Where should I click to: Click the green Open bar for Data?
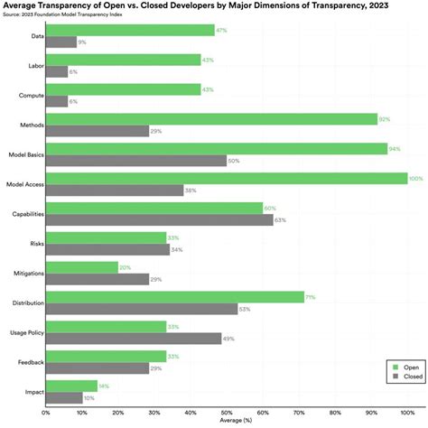point(130,30)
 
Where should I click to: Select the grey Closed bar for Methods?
point(98,130)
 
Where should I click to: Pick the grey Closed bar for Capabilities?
point(160,219)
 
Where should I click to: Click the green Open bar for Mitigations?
point(82,266)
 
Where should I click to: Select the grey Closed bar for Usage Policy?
point(135,338)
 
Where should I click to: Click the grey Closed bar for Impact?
point(63,396)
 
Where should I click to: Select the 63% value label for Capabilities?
point(281,219)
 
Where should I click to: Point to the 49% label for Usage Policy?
point(230,338)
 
